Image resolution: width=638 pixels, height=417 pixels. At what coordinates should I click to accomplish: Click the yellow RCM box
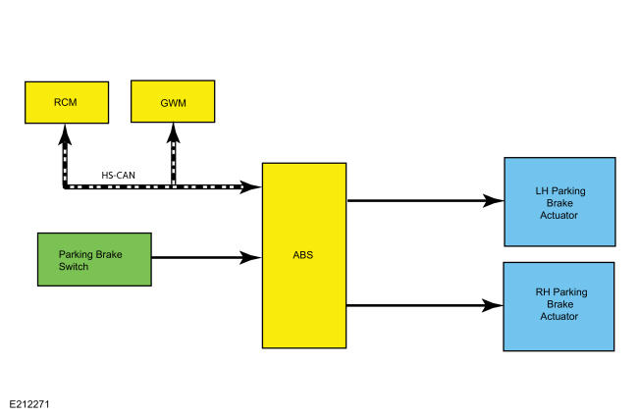coord(67,102)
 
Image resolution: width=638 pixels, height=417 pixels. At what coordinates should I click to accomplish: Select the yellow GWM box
coord(173,101)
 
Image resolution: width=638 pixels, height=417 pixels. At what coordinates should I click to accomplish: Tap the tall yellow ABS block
coord(304,255)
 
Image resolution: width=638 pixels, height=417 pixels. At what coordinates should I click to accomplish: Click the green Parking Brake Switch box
coord(94,260)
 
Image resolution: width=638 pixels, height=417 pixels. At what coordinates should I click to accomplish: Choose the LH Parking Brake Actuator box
coord(559,202)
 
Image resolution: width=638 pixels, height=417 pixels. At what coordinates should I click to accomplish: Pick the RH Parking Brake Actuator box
coord(559,306)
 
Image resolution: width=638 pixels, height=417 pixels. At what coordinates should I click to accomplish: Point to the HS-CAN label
coord(118,176)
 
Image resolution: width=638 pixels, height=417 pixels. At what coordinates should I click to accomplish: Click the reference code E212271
coord(29,404)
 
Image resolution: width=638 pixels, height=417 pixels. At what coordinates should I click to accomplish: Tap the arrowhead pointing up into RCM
coord(65,134)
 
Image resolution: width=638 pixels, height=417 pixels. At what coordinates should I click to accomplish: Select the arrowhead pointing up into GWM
coord(174,133)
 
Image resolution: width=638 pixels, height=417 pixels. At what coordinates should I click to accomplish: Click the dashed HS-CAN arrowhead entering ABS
coord(250,187)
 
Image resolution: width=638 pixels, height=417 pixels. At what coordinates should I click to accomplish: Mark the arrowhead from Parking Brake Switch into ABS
coord(250,257)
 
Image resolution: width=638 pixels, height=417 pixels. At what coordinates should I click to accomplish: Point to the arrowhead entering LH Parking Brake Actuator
coord(493,200)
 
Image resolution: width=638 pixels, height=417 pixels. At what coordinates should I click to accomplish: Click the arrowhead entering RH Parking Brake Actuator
coord(493,305)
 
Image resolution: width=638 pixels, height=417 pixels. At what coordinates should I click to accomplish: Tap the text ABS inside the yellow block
coord(303,255)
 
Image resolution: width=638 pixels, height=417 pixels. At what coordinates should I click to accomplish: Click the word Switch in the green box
coord(74,267)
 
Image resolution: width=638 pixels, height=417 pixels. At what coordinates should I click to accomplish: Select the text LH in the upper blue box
coord(542,190)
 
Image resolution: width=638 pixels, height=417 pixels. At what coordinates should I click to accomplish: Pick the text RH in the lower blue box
coord(542,292)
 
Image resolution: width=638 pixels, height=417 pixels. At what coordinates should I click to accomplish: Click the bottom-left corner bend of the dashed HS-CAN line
coord(65,186)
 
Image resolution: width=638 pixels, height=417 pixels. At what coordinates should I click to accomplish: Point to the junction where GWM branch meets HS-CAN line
coord(174,186)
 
